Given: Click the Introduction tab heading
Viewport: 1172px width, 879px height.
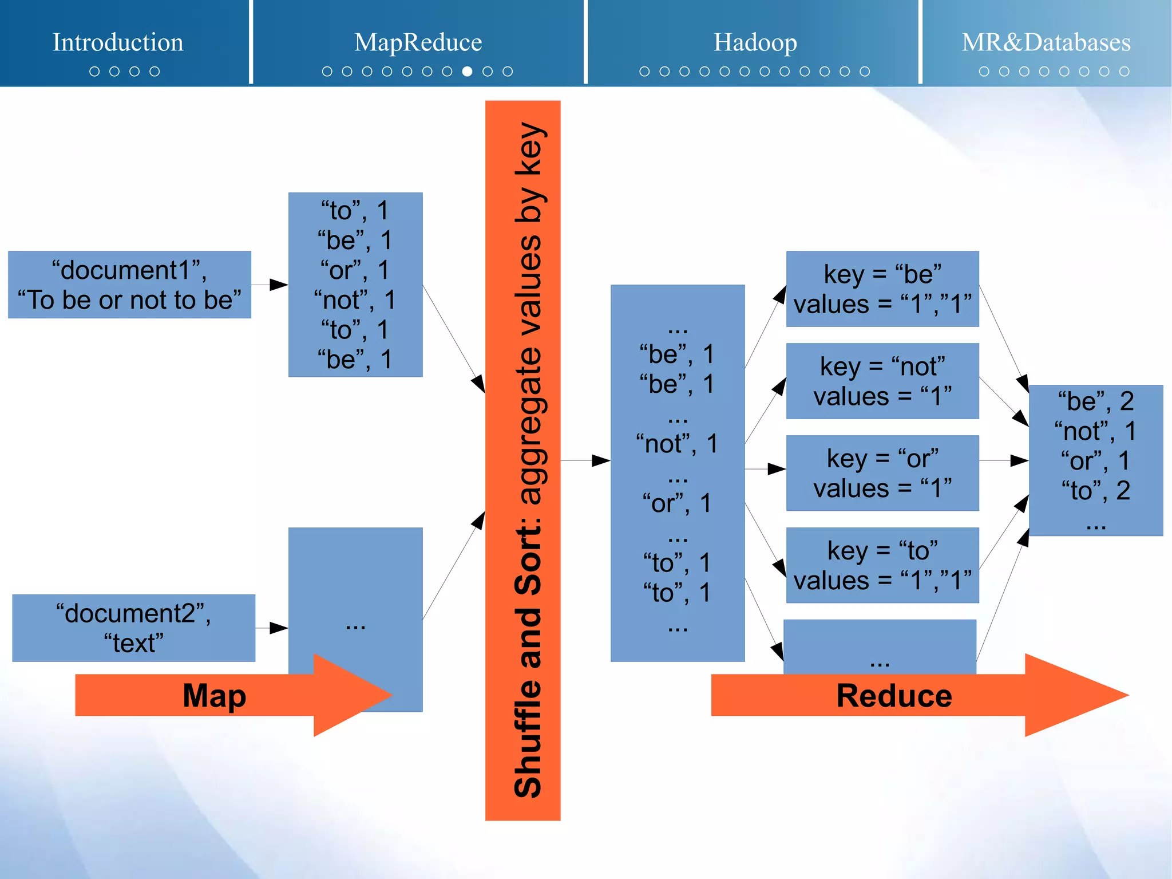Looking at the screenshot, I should point(118,42).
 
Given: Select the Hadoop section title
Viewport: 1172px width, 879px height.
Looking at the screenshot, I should point(755,42).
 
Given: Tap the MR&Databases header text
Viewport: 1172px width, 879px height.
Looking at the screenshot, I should point(1046,42).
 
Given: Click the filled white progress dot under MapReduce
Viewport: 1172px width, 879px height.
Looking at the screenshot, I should point(468,71).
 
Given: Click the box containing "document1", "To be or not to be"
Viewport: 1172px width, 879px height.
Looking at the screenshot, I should point(129,285).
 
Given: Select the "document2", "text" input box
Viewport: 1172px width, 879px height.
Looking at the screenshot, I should point(133,628).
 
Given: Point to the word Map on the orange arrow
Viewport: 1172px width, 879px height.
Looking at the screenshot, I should point(214,695).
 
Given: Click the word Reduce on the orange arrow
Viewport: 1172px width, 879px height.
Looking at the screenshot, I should point(894,696).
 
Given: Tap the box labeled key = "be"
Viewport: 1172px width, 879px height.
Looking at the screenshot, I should point(882,289).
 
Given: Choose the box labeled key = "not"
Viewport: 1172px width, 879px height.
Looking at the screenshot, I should point(882,381).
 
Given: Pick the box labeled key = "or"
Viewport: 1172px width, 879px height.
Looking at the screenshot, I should point(882,473).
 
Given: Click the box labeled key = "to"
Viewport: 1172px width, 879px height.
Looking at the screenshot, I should point(882,565).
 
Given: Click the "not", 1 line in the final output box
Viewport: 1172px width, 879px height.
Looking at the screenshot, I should point(1095,431).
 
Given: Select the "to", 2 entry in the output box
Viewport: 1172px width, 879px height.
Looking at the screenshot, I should point(1095,491).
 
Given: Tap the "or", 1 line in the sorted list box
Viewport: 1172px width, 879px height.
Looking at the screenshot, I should point(677,503).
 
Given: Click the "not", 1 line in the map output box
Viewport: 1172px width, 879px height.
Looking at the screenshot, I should point(355,299).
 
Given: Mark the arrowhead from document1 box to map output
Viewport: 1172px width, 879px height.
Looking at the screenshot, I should point(279,285).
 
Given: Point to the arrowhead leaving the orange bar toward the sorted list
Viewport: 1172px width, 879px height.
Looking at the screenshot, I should point(600,460).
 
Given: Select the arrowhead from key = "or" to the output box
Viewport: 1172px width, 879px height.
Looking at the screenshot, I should point(1019,460).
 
